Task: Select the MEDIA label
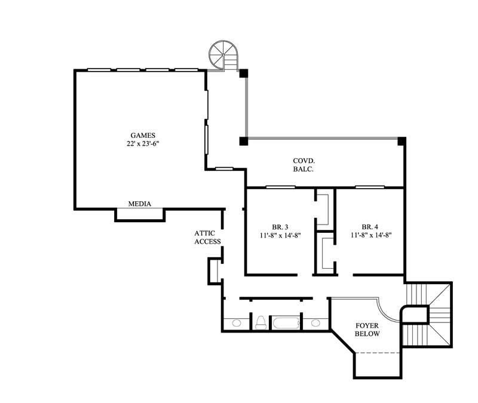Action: coord(140,204)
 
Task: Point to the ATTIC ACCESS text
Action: coord(207,238)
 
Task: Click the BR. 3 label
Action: coord(280,227)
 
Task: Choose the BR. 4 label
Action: coord(370,227)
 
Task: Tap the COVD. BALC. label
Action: coord(304,165)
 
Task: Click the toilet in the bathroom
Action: coord(260,323)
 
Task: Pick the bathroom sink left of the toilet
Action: coord(237,324)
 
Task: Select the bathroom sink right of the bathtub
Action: coord(315,324)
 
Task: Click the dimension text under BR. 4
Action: coord(370,236)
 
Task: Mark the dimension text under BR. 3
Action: coord(280,236)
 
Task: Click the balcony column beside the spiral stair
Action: coord(244,73)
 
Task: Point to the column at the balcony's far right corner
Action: coord(402,141)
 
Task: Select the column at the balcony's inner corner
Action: coord(244,141)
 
